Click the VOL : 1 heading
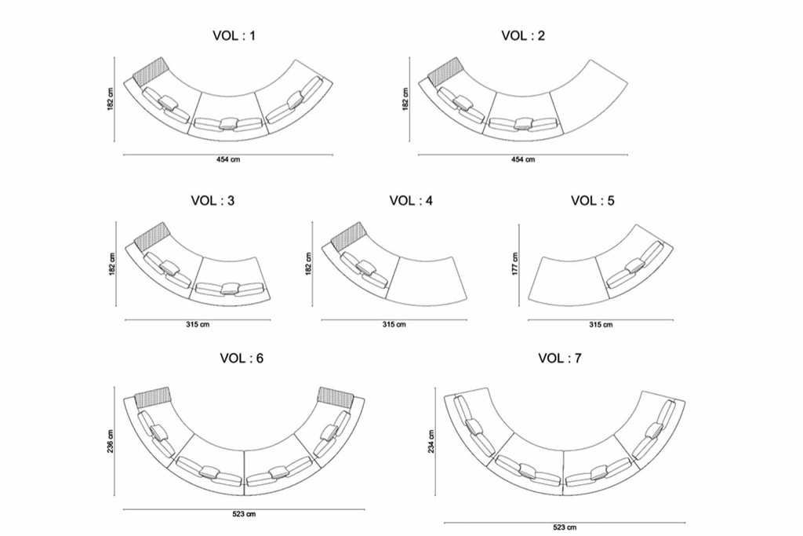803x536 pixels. (234, 35)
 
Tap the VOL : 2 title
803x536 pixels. (523, 35)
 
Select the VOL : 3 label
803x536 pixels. (213, 200)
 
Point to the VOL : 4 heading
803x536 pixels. (411, 200)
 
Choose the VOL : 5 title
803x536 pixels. (593, 200)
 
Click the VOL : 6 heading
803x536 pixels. (242, 358)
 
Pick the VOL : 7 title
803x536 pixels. (560, 358)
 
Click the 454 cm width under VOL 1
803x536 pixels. (228, 159)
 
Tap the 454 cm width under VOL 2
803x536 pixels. (523, 159)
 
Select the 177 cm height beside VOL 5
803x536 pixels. (514, 264)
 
